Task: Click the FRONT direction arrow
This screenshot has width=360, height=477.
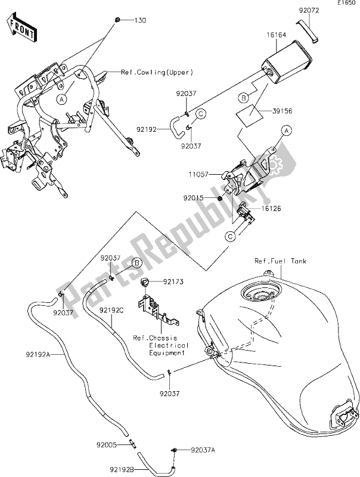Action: pyautogui.click(x=21, y=27)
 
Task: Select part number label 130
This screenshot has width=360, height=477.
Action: pyautogui.click(x=140, y=20)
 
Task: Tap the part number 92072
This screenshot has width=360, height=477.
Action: pyautogui.click(x=309, y=11)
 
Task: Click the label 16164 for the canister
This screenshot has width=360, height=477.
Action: pyautogui.click(x=276, y=35)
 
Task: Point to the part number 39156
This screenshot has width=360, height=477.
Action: pyautogui.click(x=283, y=111)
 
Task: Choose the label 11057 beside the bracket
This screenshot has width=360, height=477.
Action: pyautogui.click(x=198, y=175)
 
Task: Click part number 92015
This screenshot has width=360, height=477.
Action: pyautogui.click(x=194, y=198)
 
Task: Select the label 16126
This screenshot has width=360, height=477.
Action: pyautogui.click(x=271, y=209)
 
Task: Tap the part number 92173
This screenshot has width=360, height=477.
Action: pyautogui.click(x=173, y=282)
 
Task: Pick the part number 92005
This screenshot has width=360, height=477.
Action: pyautogui.click(x=107, y=445)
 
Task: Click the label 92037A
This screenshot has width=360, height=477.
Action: pyautogui.click(x=203, y=450)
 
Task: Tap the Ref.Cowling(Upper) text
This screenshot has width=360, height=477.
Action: pyautogui.click(x=157, y=72)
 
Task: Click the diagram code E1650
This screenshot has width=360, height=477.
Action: pyautogui.click(x=346, y=3)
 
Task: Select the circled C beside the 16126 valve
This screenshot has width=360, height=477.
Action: pyautogui.click(x=231, y=236)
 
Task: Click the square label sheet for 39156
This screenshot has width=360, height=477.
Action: pyautogui.click(x=250, y=114)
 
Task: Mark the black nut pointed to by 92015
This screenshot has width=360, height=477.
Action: pyautogui.click(x=219, y=199)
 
